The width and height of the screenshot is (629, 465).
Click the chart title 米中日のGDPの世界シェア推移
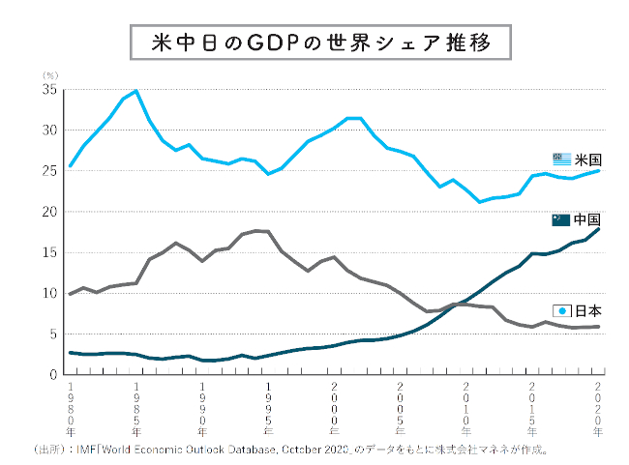tap(314, 44)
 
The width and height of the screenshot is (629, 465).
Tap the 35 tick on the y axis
tap(49, 90)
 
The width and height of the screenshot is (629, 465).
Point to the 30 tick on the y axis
tap(49, 131)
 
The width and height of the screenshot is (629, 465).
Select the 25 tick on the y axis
tap(49, 171)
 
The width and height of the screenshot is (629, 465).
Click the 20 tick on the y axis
tap(49, 212)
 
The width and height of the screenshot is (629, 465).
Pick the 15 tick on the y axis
tap(49, 252)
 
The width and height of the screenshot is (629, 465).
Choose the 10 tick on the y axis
tap(49, 293)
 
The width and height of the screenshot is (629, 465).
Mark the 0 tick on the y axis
tap(53, 374)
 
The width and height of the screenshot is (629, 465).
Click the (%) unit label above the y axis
tap(48, 73)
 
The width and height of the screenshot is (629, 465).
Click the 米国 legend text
tap(588, 160)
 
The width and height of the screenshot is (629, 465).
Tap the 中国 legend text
tap(588, 219)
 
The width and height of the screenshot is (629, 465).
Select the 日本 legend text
tap(588, 311)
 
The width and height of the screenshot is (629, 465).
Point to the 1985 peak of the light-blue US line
tap(135, 91)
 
